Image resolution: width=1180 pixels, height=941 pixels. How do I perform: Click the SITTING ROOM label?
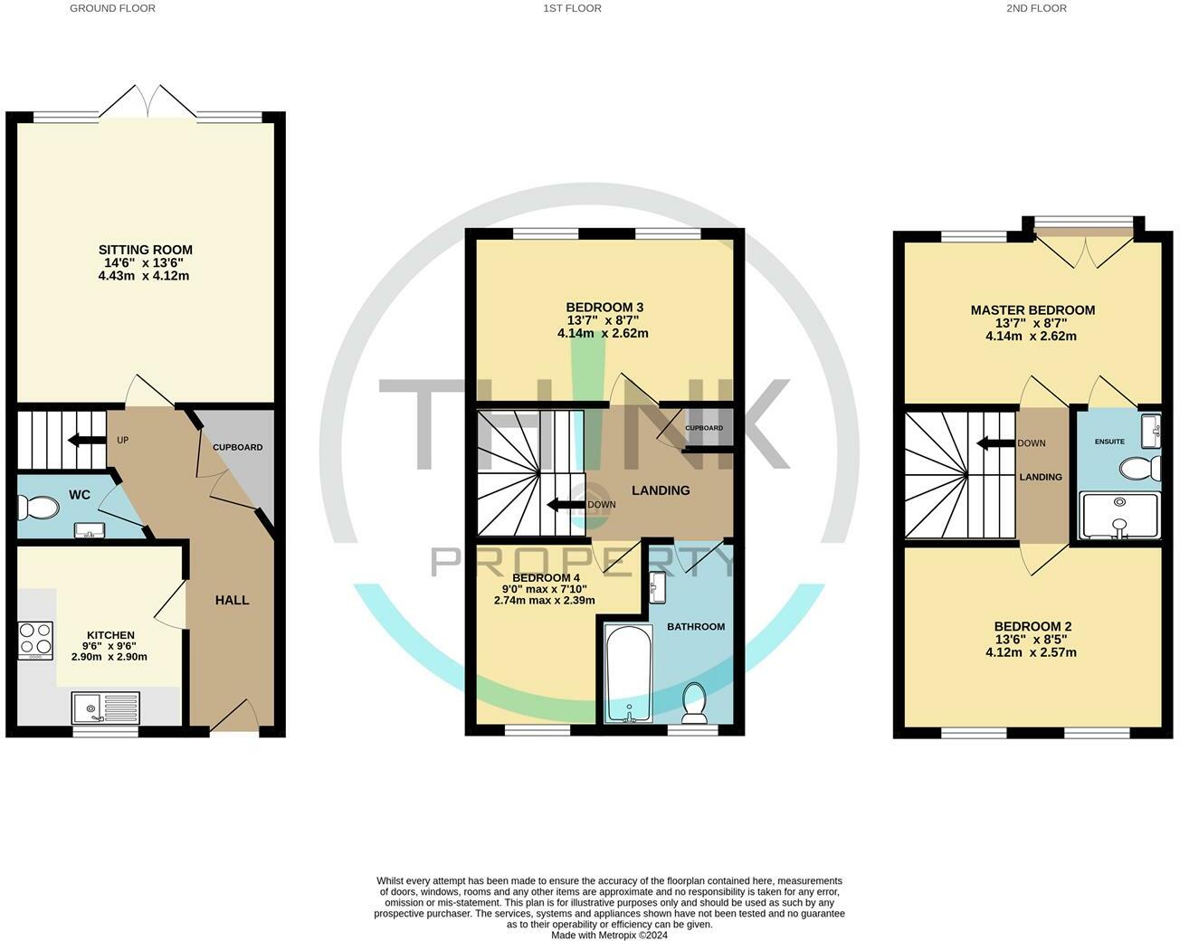pyautogui.click(x=145, y=250)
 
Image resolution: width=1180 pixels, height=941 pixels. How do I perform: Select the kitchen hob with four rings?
pyautogui.click(x=35, y=639)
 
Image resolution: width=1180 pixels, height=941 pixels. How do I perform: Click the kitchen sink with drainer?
pyautogui.click(x=107, y=708)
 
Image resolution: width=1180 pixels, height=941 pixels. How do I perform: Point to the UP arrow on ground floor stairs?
pyautogui.click(x=87, y=441)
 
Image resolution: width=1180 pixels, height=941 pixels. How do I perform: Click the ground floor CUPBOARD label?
pyautogui.click(x=237, y=447)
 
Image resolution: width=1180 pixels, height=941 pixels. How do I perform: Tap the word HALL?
pyautogui.click(x=232, y=600)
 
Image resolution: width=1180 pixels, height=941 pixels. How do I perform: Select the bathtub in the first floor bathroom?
pyautogui.click(x=627, y=674)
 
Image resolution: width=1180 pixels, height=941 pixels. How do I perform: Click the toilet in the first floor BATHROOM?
pyautogui.click(x=694, y=703)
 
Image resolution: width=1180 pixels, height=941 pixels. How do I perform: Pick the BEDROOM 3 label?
pyautogui.click(x=604, y=307)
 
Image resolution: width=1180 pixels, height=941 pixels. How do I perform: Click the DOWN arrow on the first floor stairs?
pyautogui.click(x=567, y=505)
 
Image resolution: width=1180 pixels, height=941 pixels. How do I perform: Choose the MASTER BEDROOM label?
pyautogui.click(x=1032, y=309)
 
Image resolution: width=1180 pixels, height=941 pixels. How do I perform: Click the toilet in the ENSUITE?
pyautogui.click(x=1139, y=469)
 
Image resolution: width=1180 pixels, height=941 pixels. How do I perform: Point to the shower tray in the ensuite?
pyautogui.click(x=1119, y=516)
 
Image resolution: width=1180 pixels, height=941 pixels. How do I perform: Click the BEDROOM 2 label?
pyautogui.click(x=1032, y=626)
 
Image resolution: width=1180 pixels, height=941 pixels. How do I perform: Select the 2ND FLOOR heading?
pyautogui.click(x=1036, y=8)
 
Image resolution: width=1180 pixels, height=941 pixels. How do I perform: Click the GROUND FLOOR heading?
pyautogui.click(x=112, y=8)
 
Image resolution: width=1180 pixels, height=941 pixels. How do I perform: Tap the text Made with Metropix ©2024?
pyautogui.click(x=609, y=936)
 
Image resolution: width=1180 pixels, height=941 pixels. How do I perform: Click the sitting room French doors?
pyautogui.click(x=147, y=101)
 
